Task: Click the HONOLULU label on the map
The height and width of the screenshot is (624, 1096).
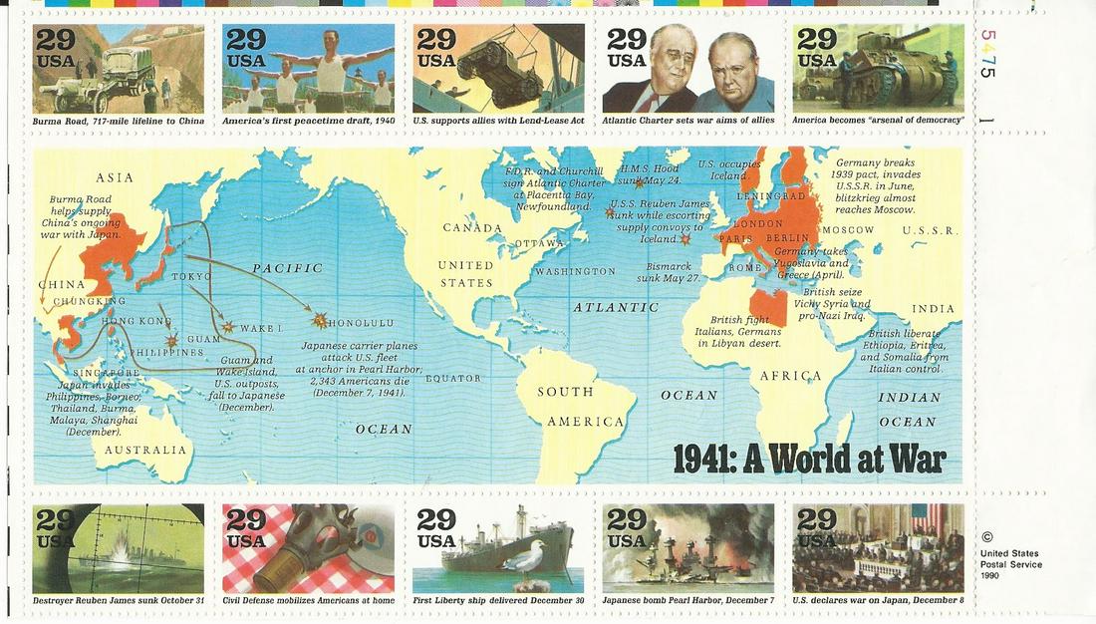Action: [x=361, y=323]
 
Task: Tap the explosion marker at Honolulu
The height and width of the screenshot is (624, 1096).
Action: [x=319, y=320]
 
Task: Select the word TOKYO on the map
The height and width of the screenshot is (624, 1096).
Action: [x=191, y=275]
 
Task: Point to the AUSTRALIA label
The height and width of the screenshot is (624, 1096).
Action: [x=145, y=450]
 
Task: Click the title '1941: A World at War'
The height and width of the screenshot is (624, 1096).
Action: [x=809, y=459]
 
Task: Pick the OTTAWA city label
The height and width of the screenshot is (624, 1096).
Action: [x=539, y=243]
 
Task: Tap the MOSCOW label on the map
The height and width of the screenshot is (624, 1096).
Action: [x=848, y=230]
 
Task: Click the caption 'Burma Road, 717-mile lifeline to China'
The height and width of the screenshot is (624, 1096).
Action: [x=119, y=121]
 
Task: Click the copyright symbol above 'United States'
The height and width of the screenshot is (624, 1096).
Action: [x=986, y=536]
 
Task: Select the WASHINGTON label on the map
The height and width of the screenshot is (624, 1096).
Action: [x=575, y=271]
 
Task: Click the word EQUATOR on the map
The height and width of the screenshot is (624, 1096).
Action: [x=452, y=378]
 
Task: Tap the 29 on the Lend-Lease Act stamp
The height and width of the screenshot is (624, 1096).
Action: [x=435, y=40]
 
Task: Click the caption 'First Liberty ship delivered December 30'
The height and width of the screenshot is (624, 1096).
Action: [x=498, y=601]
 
